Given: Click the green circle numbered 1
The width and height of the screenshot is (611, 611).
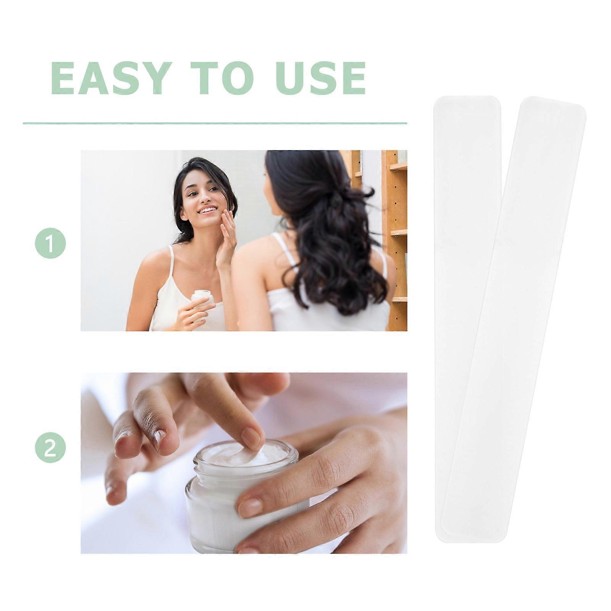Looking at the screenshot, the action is point(50,243).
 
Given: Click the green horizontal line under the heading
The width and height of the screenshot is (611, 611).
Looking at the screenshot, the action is point(215,123).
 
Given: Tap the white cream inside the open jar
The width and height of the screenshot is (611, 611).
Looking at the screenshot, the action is point(244,456).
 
